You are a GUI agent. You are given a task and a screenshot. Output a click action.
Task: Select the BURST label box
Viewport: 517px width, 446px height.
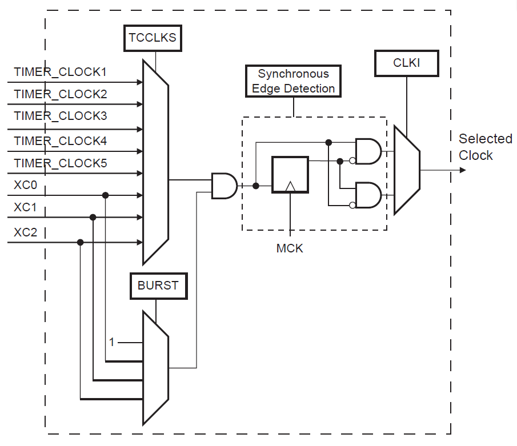click(x=158, y=286)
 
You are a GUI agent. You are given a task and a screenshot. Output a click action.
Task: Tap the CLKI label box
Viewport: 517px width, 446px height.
click(x=406, y=63)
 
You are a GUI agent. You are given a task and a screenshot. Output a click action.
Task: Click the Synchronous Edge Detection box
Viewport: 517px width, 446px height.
click(x=293, y=81)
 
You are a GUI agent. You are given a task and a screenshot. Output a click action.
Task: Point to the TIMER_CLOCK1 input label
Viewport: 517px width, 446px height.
click(x=61, y=73)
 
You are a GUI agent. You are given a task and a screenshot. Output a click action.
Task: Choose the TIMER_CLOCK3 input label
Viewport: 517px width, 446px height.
click(x=61, y=116)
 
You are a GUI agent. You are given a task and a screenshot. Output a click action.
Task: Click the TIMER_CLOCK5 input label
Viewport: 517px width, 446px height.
click(x=61, y=164)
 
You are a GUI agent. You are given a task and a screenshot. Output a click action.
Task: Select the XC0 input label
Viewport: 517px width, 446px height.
click(x=25, y=185)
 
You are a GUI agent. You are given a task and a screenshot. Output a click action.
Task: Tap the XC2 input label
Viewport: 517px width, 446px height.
click(x=25, y=232)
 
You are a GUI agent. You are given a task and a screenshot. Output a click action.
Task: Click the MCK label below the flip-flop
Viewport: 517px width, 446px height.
click(x=290, y=249)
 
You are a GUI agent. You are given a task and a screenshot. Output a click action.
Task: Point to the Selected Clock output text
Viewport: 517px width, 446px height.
click(x=485, y=147)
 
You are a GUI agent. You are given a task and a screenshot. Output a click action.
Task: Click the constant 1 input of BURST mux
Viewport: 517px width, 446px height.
click(x=113, y=342)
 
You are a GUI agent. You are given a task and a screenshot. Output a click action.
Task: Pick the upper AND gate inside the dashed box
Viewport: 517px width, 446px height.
click(x=368, y=151)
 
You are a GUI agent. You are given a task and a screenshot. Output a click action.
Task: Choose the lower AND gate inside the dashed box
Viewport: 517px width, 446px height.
click(x=368, y=196)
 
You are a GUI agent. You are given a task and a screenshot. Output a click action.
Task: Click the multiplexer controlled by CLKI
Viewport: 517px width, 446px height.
click(x=407, y=170)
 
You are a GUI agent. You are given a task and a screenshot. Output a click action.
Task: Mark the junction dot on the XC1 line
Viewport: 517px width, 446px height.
click(x=93, y=217)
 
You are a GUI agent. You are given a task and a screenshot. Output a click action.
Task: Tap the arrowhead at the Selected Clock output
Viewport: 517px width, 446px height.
click(x=462, y=170)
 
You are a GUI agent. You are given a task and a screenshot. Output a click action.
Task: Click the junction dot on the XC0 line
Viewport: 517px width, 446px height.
click(x=106, y=195)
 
